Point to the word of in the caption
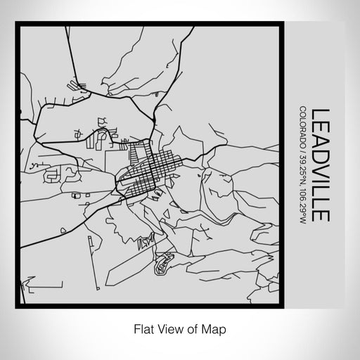tap(193, 328)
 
